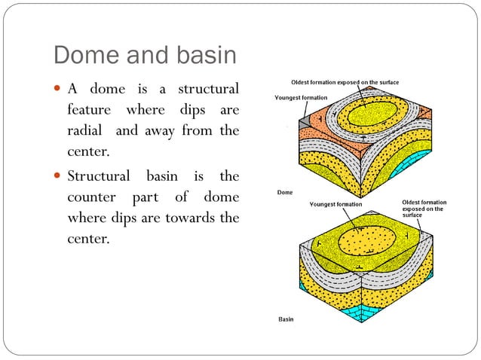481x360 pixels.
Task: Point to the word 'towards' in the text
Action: coord(195,219)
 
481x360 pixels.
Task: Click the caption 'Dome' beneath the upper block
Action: coord(285,192)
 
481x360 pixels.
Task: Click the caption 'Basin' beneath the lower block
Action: coord(286,319)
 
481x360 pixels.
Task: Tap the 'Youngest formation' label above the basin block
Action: coord(335,204)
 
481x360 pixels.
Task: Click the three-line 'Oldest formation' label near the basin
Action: coord(424,209)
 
